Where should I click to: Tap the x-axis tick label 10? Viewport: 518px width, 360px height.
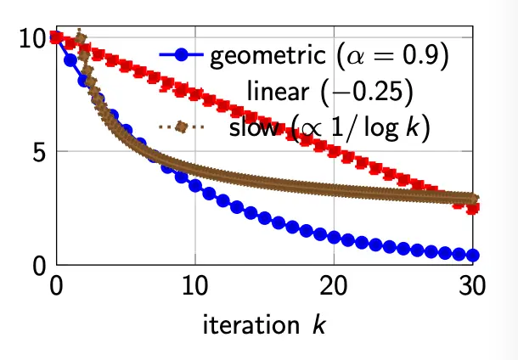coord(195,287)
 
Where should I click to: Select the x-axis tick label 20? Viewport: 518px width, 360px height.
coord(334,287)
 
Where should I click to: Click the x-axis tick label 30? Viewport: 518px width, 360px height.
coord(471,287)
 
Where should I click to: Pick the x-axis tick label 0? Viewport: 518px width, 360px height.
coord(57,287)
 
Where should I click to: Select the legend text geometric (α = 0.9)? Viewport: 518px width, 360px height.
coord(329,58)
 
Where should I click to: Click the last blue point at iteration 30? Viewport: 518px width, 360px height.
coord(472,256)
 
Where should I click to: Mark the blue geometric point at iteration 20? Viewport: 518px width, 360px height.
coord(334,238)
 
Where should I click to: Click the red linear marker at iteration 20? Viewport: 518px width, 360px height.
coord(334,151)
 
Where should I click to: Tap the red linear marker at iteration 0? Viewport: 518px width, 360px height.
coord(57,37)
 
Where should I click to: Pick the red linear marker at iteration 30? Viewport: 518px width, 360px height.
coord(472,207)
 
